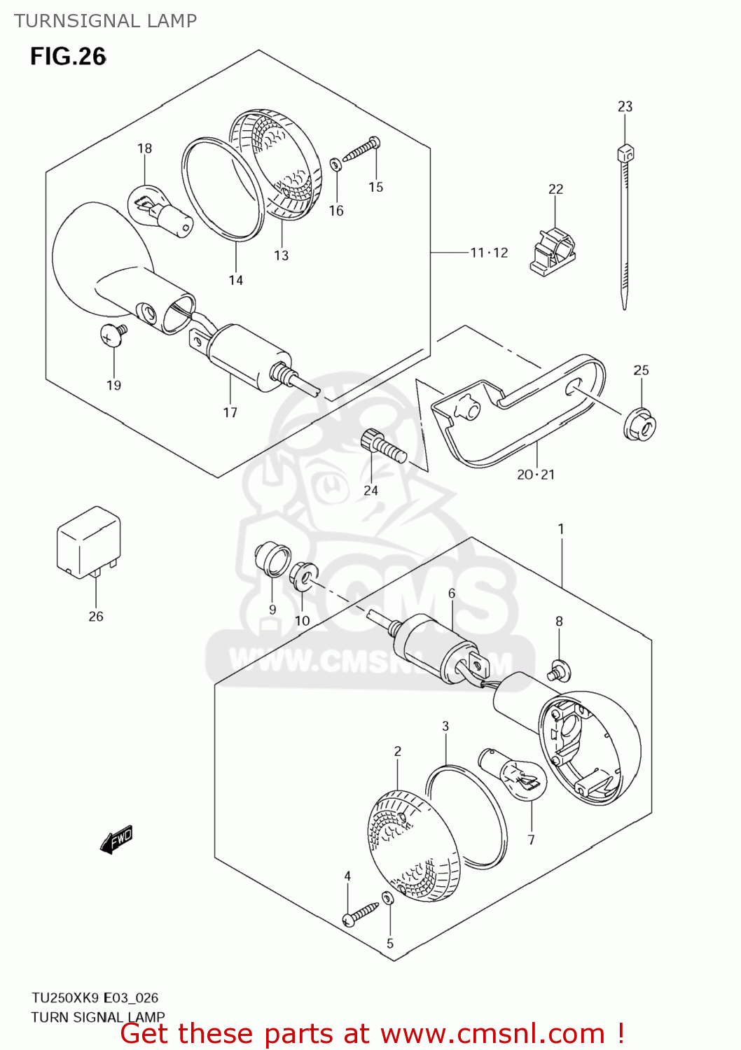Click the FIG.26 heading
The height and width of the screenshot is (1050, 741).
(69, 57)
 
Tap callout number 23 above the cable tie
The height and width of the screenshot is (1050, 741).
(625, 106)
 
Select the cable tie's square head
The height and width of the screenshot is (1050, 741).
(625, 153)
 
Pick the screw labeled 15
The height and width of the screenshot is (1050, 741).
(362, 148)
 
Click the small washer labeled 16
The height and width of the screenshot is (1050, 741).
(335, 165)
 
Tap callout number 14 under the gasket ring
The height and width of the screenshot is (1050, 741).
(236, 280)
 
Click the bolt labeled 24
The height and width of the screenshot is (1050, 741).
(384, 446)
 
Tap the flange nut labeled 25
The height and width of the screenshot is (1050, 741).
(639, 425)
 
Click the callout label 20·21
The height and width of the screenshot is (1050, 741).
(536, 475)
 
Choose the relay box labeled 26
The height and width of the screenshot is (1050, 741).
(89, 542)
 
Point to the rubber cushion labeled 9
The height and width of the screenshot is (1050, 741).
(272, 559)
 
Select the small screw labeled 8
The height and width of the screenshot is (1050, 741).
(559, 670)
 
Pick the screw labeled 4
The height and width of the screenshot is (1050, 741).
(361, 913)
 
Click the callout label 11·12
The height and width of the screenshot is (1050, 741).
(489, 253)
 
